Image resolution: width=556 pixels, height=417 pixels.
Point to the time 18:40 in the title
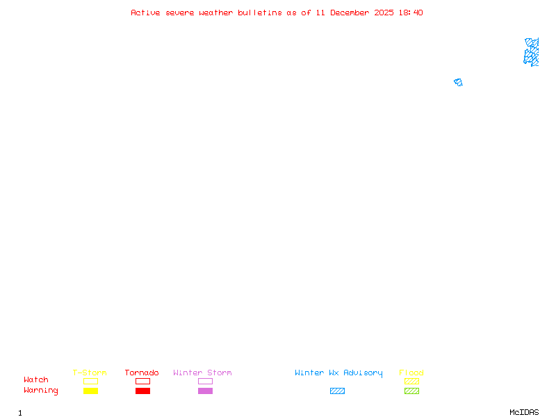tap(410, 13)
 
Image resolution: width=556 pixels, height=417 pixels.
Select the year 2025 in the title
tap(384, 13)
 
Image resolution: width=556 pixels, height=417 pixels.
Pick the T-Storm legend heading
tap(90, 373)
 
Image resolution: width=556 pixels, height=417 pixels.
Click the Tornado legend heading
tap(142, 373)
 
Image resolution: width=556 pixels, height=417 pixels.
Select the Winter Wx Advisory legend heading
tap(338, 373)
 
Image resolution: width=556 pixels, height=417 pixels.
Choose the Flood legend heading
tap(411, 373)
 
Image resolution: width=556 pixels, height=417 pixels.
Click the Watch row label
tap(36, 380)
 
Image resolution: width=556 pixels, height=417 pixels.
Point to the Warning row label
tap(41, 391)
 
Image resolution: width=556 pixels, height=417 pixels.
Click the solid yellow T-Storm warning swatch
tap(90, 391)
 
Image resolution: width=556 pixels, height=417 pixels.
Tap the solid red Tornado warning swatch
tap(142, 391)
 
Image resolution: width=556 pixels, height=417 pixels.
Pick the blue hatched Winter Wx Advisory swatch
tap(337, 391)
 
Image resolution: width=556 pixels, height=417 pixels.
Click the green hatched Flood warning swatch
tap(411, 391)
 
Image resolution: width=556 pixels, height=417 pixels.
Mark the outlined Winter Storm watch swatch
tap(205, 381)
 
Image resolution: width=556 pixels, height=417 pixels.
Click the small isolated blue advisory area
tap(458, 82)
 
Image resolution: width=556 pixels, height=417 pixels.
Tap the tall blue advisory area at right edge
tap(532, 52)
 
